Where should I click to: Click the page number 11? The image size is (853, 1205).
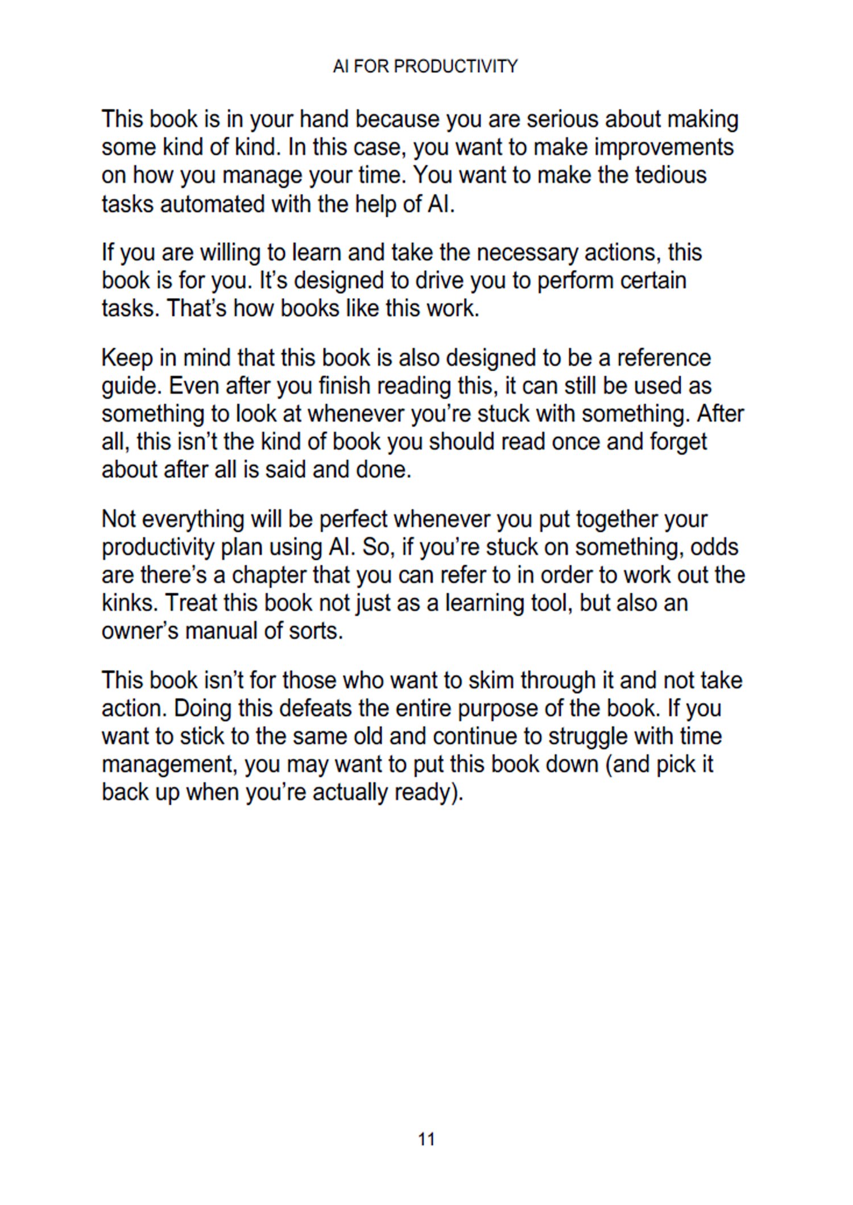[x=426, y=1139]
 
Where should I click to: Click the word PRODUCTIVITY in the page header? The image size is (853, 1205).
[x=456, y=67]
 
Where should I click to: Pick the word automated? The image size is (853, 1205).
[x=213, y=204]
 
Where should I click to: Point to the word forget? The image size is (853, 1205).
[x=676, y=442]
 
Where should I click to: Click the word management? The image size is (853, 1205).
[x=169, y=764]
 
